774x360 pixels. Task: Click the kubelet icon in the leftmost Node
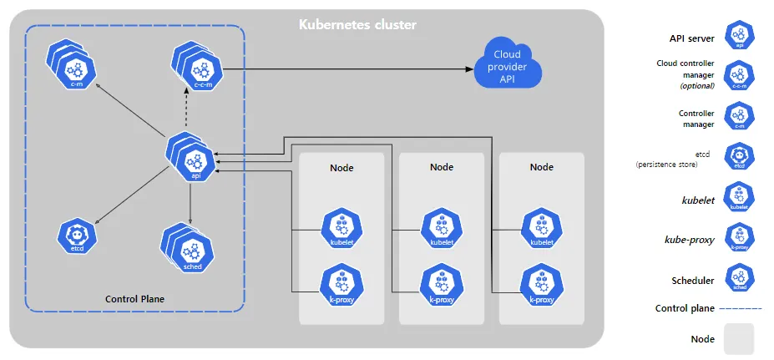(341, 227)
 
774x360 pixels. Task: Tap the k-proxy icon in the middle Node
(441, 284)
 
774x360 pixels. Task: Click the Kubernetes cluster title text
(357, 25)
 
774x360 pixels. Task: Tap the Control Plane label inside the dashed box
(134, 298)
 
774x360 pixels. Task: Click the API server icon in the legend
(739, 35)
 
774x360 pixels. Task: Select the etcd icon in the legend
(739, 156)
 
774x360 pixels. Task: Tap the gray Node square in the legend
(739, 339)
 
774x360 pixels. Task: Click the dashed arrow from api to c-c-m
(192, 107)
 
